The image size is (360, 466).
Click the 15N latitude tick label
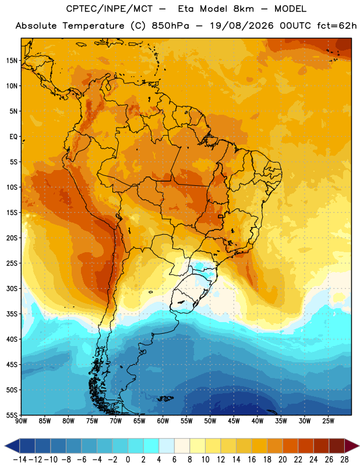tap(12, 61)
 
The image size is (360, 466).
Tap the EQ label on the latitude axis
tap(13, 137)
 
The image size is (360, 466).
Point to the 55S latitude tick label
tap(12, 415)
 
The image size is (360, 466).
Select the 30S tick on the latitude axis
tap(12, 288)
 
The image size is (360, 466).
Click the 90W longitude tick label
tap(21, 421)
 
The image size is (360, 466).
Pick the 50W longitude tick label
tap(210, 421)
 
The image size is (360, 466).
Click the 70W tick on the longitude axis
tap(116, 421)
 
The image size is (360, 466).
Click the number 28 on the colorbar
tap(344, 460)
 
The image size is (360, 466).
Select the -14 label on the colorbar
tap(20, 460)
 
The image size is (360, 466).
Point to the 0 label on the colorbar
tap(128, 460)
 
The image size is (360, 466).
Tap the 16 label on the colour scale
tap(252, 460)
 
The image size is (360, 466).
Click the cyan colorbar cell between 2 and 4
tap(151, 446)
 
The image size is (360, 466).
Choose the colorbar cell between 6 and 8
tap(182, 446)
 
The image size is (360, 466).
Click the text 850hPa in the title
tap(170, 26)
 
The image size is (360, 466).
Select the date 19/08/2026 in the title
tap(242, 26)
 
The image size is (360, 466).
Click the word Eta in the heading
tap(186, 9)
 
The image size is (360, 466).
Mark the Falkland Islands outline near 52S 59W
tap(165, 398)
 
